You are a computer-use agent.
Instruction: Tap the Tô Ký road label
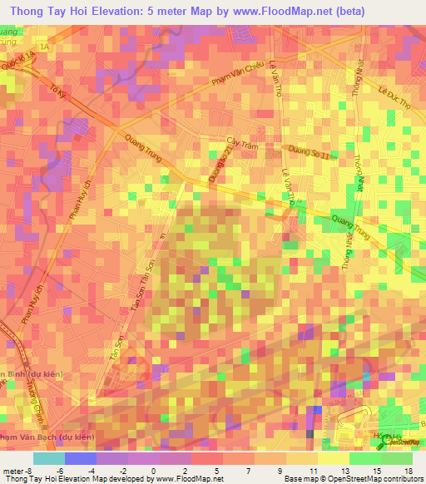coord(57,98)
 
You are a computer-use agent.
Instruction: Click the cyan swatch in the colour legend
coord(49,458)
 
